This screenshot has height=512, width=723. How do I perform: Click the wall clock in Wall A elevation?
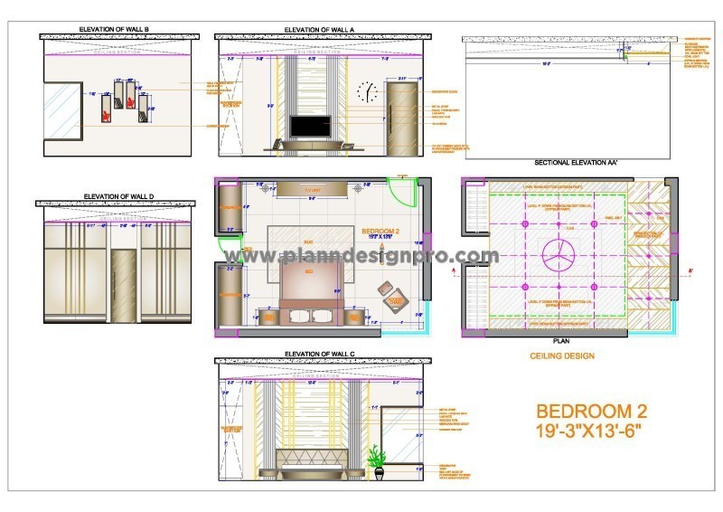[x=368, y=91]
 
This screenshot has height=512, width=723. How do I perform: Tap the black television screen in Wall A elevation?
[x=308, y=127]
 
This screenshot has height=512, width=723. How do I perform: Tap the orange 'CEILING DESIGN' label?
[x=562, y=356]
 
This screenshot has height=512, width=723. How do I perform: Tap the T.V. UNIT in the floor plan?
[x=312, y=189]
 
